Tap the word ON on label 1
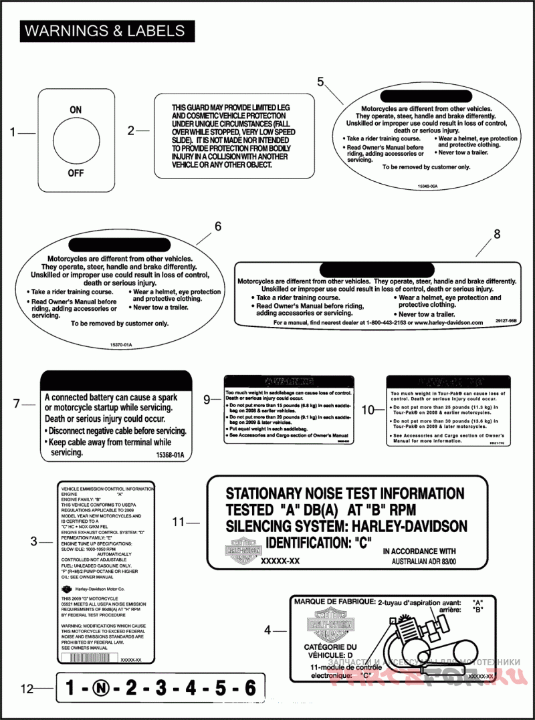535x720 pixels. click(x=76, y=109)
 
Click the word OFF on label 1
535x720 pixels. click(x=76, y=173)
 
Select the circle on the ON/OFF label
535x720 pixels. click(x=76, y=140)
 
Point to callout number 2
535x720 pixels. click(x=131, y=131)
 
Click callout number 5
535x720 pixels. click(x=320, y=82)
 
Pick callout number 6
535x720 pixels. click(x=217, y=226)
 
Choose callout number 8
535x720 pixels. click(x=496, y=234)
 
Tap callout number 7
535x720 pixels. click(x=18, y=404)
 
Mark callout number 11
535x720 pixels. click(x=177, y=521)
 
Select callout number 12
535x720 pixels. click(x=27, y=687)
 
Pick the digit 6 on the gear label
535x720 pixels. click(x=249, y=687)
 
